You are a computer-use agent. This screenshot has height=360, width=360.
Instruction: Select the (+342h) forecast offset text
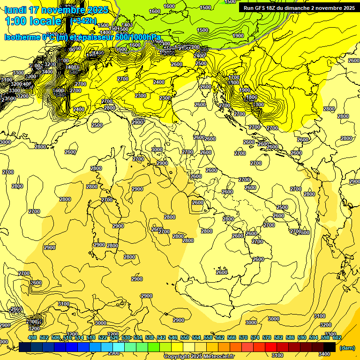[83, 21]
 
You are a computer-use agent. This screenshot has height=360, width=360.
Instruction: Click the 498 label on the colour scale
[32, 337]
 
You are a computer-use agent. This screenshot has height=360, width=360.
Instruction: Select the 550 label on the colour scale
[185, 337]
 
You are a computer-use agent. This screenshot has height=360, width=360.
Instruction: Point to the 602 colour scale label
[337, 337]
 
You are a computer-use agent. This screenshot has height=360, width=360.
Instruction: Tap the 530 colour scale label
[126, 337]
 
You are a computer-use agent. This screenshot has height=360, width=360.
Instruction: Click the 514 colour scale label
[79, 337]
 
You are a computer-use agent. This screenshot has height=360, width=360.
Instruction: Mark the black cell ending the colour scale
[330, 346]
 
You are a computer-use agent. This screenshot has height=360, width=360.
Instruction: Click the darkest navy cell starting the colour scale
[25, 346]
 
